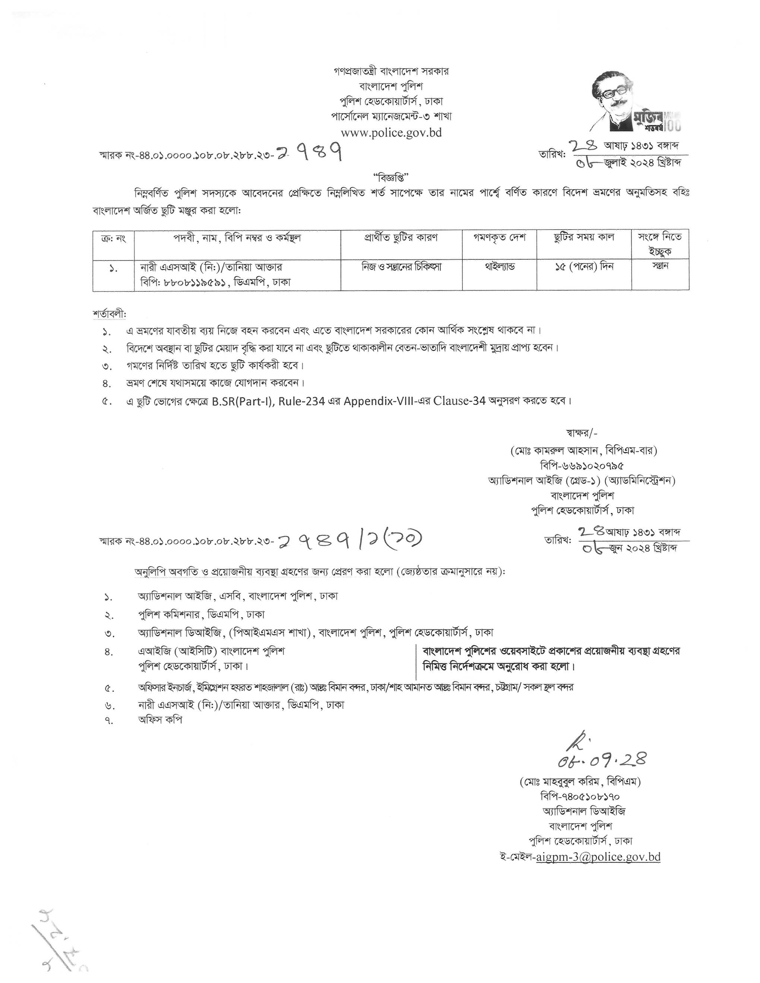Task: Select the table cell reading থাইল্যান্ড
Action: point(500,267)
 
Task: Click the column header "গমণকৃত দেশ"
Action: point(500,237)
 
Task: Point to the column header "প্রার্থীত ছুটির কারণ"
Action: point(401,237)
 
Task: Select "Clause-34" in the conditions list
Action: point(459,401)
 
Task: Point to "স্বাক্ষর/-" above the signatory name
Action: point(581,433)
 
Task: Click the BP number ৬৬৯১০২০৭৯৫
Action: point(582,465)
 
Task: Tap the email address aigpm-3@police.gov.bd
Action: point(598,856)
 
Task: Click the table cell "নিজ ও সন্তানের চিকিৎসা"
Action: point(401,267)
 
